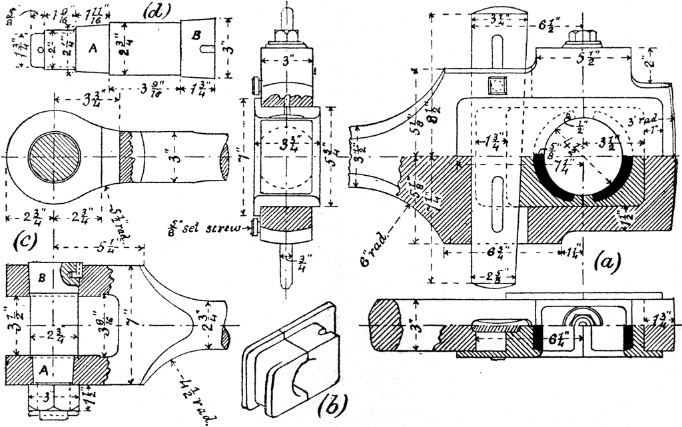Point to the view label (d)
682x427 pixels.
[x=156, y=11]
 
